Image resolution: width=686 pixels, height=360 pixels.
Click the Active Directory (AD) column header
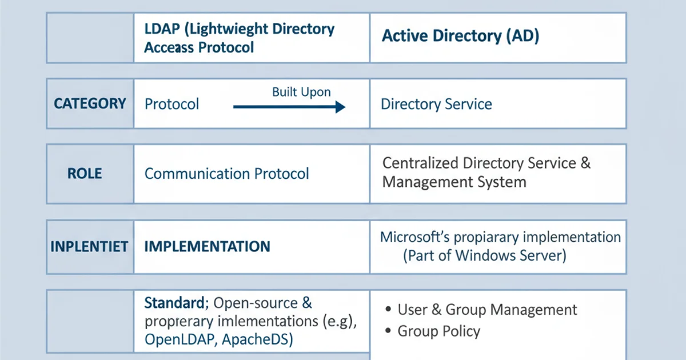tap(460, 36)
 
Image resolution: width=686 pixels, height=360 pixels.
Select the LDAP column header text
tap(239, 38)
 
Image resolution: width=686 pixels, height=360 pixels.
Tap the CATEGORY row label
tap(90, 103)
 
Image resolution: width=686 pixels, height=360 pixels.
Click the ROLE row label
tap(85, 174)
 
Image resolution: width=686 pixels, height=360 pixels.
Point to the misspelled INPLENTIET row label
tap(89, 247)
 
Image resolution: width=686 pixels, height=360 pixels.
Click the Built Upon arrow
tap(289, 106)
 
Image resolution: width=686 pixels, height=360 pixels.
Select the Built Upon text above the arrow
tap(301, 92)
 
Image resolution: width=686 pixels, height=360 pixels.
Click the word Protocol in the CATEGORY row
tap(171, 105)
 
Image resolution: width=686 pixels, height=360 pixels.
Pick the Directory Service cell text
tap(436, 105)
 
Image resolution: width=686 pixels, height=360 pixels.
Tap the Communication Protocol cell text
tap(226, 174)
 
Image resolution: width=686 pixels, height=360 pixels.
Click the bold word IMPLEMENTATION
tap(207, 247)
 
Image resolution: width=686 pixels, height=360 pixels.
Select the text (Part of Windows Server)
tap(484, 255)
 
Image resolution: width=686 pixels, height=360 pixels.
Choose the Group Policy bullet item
tap(438, 331)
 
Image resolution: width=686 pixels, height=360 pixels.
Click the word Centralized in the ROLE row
tap(420, 163)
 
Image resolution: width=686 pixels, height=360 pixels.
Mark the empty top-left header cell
tap(90, 37)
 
